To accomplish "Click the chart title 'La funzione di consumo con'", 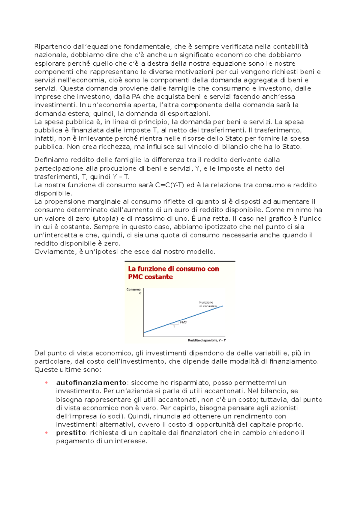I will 173,269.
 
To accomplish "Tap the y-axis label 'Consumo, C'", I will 134,291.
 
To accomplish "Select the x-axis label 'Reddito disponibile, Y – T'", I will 207,340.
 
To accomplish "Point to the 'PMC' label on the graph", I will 183,322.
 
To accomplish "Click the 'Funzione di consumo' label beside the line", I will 207,304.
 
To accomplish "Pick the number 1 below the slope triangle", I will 174,326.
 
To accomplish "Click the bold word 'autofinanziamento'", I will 91,383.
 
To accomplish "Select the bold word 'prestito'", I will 71,433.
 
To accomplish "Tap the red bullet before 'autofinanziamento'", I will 46,383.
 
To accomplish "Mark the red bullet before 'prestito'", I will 46,433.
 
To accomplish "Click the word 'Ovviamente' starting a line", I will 54,252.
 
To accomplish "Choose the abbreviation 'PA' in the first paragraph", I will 136,97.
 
